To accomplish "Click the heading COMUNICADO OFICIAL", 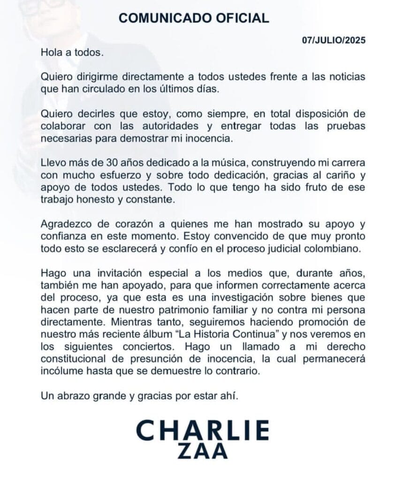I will (x=194, y=18).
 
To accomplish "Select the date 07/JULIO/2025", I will (x=334, y=40).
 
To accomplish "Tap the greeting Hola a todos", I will (x=71, y=53).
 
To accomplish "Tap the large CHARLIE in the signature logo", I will (x=203, y=430).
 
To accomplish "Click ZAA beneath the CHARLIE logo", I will (x=203, y=451).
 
